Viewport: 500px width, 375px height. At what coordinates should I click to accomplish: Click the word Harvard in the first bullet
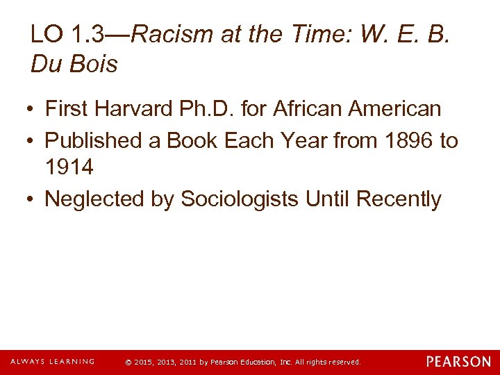click(135, 109)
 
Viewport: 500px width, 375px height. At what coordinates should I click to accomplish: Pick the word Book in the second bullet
click(191, 140)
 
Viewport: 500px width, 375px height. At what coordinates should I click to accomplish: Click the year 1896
click(401, 140)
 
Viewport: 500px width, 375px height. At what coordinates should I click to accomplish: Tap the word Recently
click(399, 199)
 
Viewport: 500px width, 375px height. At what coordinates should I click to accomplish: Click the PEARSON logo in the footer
click(458, 362)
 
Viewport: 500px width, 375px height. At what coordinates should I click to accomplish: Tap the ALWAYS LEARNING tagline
click(52, 362)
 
